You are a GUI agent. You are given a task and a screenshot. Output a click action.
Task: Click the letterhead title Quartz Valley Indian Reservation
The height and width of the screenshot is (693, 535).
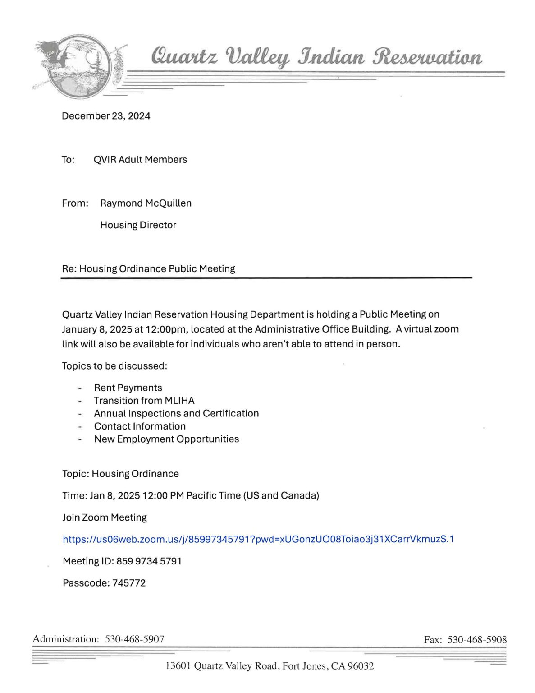(x=316, y=57)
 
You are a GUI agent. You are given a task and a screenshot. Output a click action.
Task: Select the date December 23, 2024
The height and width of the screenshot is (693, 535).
(x=106, y=116)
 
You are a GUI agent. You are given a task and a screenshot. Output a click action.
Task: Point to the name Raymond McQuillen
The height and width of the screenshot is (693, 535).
(x=146, y=203)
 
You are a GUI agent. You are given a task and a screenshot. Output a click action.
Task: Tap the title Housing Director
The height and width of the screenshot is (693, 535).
(x=138, y=225)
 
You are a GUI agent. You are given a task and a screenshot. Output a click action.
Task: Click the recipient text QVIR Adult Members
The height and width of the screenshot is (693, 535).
(x=140, y=159)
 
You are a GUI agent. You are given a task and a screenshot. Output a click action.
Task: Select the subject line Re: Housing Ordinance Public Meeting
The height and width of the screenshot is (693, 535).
(x=148, y=268)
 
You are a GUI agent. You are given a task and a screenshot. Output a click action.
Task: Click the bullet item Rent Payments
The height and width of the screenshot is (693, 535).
(x=128, y=388)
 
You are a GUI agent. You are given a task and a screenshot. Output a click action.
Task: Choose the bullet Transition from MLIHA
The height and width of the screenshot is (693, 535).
(x=144, y=400)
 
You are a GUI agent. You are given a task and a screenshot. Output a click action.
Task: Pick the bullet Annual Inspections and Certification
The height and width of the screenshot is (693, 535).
(x=176, y=413)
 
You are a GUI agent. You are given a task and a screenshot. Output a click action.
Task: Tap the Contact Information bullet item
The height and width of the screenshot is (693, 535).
(x=140, y=426)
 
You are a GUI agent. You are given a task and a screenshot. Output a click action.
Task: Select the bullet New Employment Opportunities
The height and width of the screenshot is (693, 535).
(x=166, y=439)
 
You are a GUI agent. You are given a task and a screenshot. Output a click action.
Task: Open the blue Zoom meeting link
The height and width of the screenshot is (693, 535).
(x=258, y=539)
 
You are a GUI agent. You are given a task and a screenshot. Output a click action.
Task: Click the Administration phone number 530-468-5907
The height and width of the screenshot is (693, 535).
(x=134, y=639)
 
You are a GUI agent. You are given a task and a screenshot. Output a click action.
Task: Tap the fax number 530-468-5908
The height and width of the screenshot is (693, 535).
(x=477, y=639)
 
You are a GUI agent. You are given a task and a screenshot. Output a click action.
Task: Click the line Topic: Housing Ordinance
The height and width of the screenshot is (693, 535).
(x=120, y=474)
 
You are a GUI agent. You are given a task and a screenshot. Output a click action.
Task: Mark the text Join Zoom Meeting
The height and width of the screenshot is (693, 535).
(x=105, y=517)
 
